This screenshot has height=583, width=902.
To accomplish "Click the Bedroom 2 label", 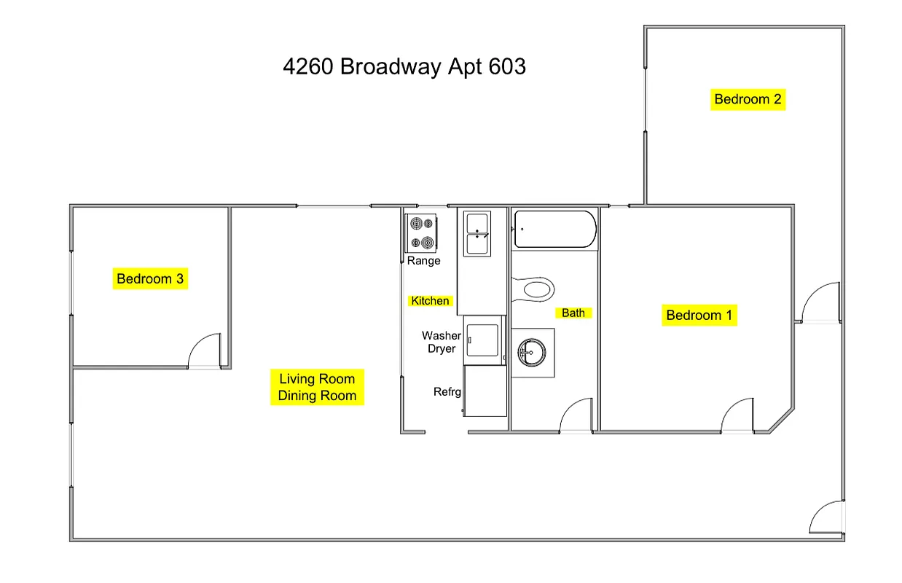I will [748, 99].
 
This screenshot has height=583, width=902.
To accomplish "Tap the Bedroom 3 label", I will [150, 278].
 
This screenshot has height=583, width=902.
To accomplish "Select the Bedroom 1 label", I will [699, 316].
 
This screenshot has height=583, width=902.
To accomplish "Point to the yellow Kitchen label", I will [430, 301].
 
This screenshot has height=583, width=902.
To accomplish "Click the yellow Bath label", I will [573, 313].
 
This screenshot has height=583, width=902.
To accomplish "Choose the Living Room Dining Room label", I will [317, 387].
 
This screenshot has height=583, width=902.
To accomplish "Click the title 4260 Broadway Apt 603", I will [404, 67].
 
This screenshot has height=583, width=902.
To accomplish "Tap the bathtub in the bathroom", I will [555, 229].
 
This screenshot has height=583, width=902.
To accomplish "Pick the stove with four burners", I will [421, 232].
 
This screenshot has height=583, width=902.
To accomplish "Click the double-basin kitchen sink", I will [477, 233].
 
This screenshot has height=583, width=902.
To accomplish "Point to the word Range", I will [423, 261].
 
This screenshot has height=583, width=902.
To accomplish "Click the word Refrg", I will [447, 392].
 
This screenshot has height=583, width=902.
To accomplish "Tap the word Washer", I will [442, 336].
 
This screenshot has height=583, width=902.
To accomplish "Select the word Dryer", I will [442, 349].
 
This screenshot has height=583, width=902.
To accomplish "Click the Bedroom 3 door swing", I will [205, 352].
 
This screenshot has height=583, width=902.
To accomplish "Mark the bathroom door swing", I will [576, 416].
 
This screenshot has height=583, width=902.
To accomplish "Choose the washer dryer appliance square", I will [484, 340].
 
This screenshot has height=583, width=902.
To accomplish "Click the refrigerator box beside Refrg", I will [485, 391].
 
